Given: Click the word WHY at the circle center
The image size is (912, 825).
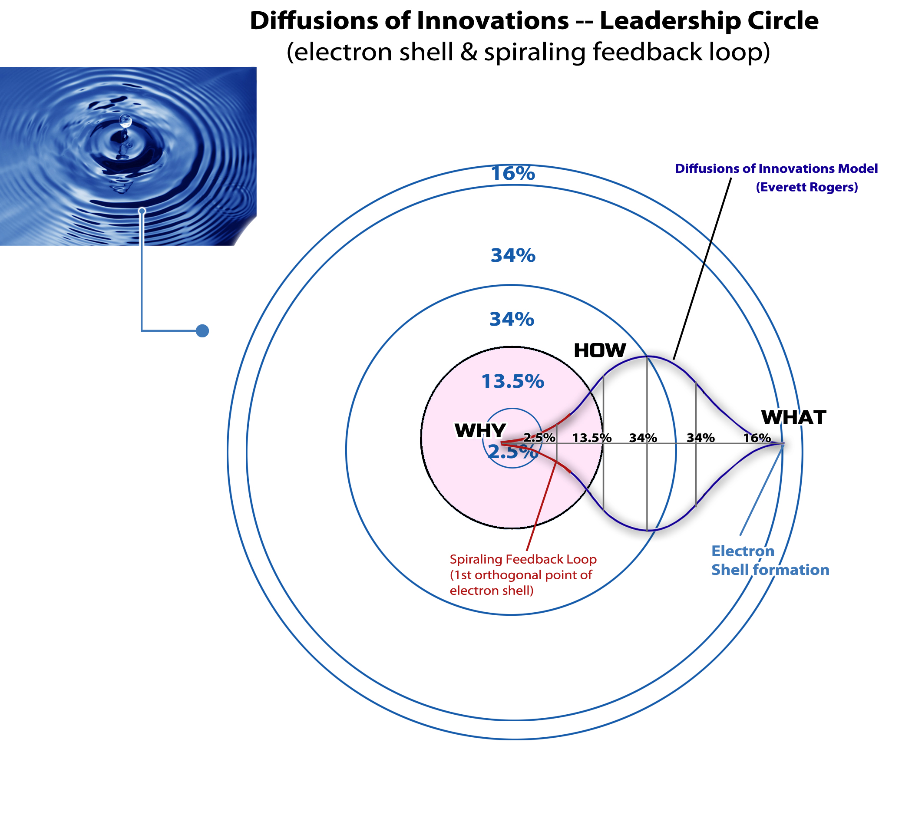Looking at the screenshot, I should click(x=480, y=431).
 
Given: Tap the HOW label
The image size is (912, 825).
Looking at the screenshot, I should click(x=599, y=350).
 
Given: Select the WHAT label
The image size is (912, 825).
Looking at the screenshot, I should click(x=793, y=417).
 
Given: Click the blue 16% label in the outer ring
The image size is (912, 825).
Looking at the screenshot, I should click(x=513, y=174).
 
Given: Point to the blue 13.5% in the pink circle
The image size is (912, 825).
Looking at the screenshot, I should click(x=512, y=382).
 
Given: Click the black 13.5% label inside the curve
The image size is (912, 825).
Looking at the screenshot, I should click(x=591, y=438).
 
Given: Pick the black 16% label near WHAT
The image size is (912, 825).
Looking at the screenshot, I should click(x=757, y=438).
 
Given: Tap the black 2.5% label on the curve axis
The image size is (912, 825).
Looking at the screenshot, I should click(x=539, y=438).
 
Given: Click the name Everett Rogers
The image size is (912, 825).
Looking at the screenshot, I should click(x=806, y=187).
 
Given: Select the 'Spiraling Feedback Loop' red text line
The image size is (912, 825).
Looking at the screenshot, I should click(x=523, y=560).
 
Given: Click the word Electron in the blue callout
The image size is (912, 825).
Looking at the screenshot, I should click(x=743, y=551).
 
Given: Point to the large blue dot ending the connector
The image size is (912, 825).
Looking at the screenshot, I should click(x=202, y=331).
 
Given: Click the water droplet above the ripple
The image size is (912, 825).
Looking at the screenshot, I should click(x=126, y=121).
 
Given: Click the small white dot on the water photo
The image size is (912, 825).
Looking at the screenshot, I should click(x=142, y=211).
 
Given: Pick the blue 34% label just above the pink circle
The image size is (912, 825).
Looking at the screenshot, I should click(x=512, y=319).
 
